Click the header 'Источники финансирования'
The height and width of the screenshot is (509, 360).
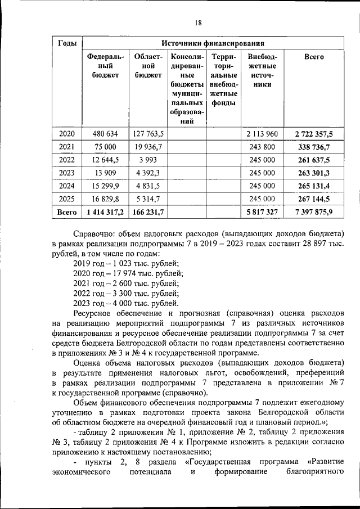point(213,43)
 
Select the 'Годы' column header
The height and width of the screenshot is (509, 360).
point(67,43)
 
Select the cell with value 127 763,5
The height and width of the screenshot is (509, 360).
point(148,133)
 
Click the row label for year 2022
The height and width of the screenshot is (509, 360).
point(67,159)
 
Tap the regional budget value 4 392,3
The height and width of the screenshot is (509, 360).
point(148,172)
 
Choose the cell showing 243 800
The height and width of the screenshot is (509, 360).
point(262,146)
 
